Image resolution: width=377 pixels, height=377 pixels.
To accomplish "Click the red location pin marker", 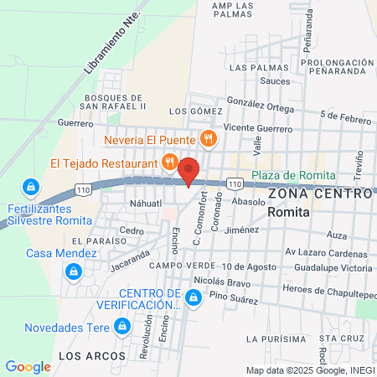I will pyautogui.click(x=189, y=171).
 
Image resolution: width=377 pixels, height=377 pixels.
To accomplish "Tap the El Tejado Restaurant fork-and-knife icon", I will pyautogui.click(x=170, y=162).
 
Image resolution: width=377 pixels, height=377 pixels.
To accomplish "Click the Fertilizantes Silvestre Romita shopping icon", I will pyautogui.click(x=30, y=185).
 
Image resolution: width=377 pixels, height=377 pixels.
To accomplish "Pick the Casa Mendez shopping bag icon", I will pyautogui.click(x=74, y=271).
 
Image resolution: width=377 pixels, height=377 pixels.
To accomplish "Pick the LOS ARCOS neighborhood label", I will pyautogui.click(x=83, y=355).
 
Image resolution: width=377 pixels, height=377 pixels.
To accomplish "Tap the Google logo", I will pyautogui.click(x=28, y=366).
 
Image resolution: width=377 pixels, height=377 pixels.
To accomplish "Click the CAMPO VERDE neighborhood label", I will pyautogui.click(x=178, y=266).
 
